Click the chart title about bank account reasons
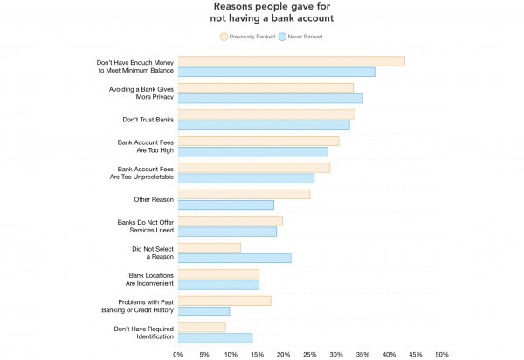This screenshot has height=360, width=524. [x=272, y=12]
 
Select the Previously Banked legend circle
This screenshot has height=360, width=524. [x=224, y=37]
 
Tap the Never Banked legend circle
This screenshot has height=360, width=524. [x=282, y=37]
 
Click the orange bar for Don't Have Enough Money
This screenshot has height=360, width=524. [x=292, y=61]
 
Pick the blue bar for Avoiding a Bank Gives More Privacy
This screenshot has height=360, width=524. [x=271, y=99]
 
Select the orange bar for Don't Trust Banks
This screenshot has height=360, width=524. [x=266, y=114]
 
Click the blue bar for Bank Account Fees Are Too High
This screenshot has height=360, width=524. [x=253, y=152]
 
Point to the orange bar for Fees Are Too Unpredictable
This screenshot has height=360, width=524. [x=254, y=168]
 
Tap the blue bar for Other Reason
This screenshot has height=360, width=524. [x=226, y=204]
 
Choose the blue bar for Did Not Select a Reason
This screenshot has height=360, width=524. [x=235, y=259]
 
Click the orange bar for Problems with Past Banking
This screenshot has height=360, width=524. [x=224, y=301]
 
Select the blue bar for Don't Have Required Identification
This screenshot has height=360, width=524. [x=215, y=338]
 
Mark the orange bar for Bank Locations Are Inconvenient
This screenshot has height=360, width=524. [x=218, y=274]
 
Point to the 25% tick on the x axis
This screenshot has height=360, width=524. [x=310, y=354]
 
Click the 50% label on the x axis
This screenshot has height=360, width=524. [x=442, y=354]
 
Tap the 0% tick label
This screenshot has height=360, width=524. [x=178, y=354]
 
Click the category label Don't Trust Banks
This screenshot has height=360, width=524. [x=148, y=120]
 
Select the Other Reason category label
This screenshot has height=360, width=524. [x=154, y=199]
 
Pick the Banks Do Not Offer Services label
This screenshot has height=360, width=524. [x=145, y=226]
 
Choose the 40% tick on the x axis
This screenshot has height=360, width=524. [x=389, y=354]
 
